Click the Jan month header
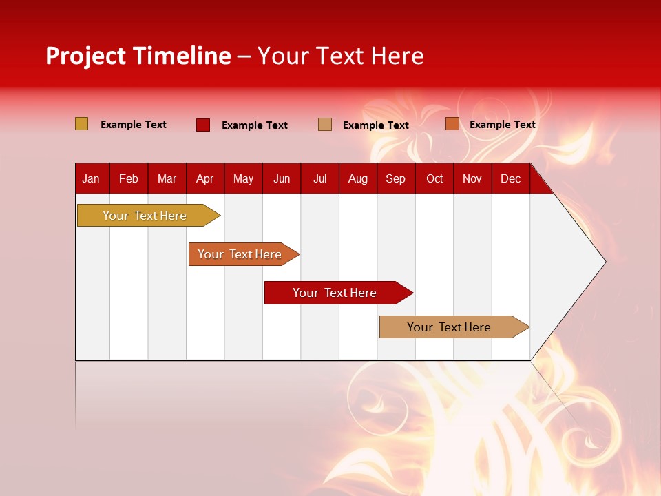coord(92,178)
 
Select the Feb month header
coord(129,178)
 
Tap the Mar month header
coord(167,178)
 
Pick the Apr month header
coord(205,178)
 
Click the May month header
coord(243,178)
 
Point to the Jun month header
coord(282,178)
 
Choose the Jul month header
coord(319,178)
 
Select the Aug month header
coord(358,178)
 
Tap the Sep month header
coord(396,178)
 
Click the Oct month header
coord(434,178)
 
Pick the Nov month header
coord(472,178)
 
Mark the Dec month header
coord(511,178)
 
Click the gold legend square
coord(82,124)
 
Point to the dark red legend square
coord(203,125)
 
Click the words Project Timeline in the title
coord(138,56)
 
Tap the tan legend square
coord(325,125)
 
